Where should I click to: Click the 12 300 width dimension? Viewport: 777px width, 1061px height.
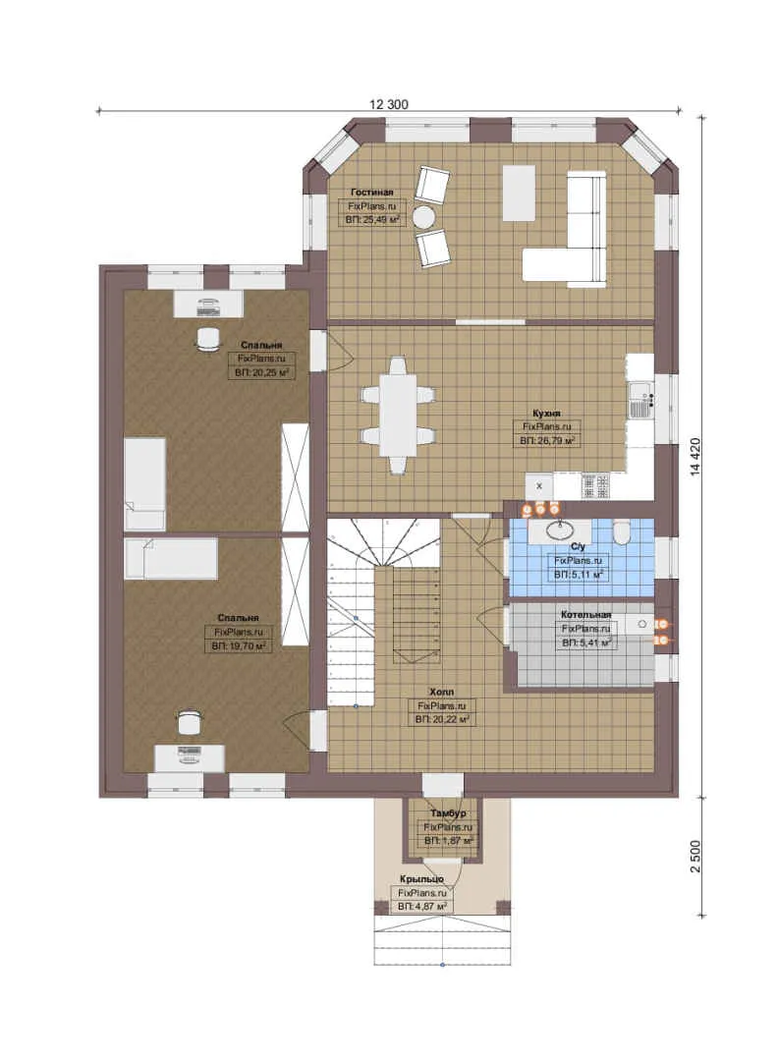click(x=389, y=104)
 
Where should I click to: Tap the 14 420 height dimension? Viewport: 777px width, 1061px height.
click(x=695, y=457)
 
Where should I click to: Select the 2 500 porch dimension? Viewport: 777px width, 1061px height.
click(x=695, y=856)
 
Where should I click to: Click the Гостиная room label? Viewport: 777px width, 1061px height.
click(x=371, y=193)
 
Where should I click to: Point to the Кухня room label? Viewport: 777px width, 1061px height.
click(x=546, y=413)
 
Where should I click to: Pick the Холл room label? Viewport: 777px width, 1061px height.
click(x=441, y=693)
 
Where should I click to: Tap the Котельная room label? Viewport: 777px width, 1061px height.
click(x=585, y=614)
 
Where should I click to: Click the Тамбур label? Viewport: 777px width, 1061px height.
click(x=448, y=812)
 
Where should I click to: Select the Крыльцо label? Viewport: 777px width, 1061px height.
click(x=421, y=879)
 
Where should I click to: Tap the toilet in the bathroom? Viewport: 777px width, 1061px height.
click(x=622, y=532)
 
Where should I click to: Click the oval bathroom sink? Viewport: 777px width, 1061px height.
click(x=561, y=530)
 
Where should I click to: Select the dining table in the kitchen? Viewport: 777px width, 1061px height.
click(x=397, y=415)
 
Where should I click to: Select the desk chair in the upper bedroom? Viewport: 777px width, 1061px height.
click(x=208, y=339)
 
